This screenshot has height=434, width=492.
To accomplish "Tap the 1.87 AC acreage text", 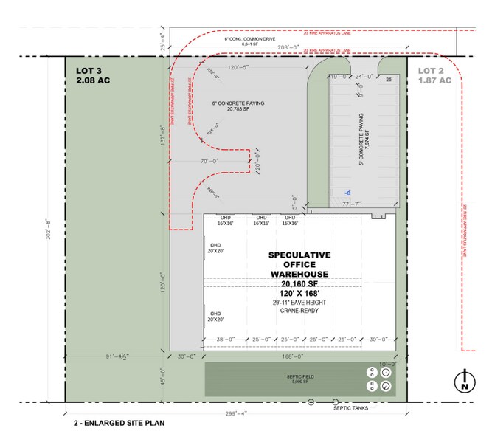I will click(434, 81).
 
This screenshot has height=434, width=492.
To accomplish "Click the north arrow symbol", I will click(464, 382).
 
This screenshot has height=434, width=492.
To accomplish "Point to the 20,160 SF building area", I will click(299, 283).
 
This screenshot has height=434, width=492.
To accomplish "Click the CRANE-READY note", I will click(299, 311).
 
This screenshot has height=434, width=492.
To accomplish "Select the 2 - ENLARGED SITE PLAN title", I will click(118, 424).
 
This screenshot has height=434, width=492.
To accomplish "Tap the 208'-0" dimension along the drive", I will click(290, 46).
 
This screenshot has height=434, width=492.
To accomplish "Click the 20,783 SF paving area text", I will click(238, 109).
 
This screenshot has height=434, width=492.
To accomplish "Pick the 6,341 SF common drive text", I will click(237, 44).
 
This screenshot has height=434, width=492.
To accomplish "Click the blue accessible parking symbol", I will click(345, 193).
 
